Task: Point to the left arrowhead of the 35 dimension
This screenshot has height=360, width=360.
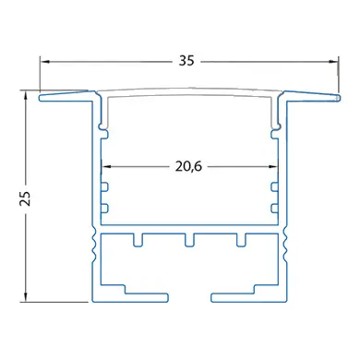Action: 44,62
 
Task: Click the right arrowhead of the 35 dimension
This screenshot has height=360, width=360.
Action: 332,62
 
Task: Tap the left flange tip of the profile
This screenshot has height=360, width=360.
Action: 43,95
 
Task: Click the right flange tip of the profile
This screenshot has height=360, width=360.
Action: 333,95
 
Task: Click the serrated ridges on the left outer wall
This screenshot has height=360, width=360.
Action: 91,246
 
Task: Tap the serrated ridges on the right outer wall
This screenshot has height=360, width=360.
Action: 285,246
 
